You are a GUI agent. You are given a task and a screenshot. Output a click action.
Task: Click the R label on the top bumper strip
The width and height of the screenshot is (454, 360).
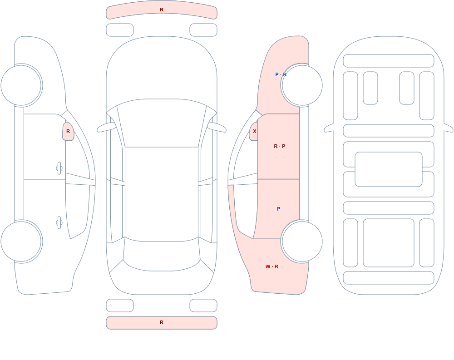point(162,10)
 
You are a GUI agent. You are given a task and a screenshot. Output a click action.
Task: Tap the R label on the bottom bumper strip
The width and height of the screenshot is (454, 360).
point(162,322)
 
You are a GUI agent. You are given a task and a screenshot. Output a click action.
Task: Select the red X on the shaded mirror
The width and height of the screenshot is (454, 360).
point(255,131)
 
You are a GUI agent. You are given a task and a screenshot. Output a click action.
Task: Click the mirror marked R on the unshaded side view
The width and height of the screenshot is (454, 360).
point(68,131)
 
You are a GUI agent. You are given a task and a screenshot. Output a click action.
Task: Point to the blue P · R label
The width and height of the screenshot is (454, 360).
point(281,74)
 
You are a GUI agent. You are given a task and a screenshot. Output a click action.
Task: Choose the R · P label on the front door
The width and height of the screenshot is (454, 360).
point(279,146)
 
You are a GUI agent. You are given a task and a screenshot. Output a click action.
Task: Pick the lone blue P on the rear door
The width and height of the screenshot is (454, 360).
point(279,209)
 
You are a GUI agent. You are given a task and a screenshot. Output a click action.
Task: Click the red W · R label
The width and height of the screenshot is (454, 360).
point(272,266)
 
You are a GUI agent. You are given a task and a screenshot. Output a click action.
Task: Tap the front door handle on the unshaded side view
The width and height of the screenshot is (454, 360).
point(59,168)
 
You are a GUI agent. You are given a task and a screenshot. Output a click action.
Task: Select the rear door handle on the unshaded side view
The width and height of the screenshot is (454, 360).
point(59,223)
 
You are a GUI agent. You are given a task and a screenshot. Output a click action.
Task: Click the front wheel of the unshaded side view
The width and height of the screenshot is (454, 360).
point(21,85)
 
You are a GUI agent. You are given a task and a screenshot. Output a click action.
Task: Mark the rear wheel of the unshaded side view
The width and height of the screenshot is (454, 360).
point(21,241)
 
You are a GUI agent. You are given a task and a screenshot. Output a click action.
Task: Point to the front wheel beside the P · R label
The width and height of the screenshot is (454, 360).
point(302,85)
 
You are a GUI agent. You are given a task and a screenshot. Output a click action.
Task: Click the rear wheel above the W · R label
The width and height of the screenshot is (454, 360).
point(302,241)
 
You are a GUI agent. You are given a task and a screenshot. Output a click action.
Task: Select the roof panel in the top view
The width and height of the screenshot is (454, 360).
point(162,194)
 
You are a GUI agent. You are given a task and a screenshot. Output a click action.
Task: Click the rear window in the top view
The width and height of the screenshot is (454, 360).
point(162,254)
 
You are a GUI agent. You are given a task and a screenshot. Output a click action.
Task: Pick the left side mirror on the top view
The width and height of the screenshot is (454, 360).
point(106,127)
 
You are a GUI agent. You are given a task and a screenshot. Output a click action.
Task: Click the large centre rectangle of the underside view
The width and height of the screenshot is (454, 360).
point(389,169)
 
